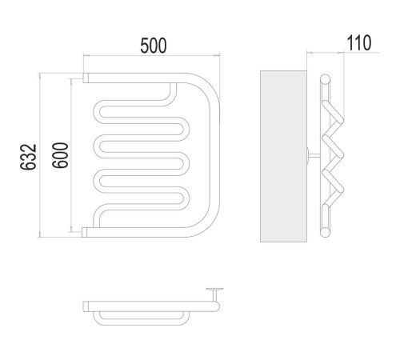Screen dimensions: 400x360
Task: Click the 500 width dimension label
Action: point(154,46)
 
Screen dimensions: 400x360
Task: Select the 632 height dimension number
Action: point(28,157)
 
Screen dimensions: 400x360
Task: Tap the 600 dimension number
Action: point(60,155)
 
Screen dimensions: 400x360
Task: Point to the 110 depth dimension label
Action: point(358,42)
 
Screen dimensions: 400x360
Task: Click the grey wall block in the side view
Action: point(283,156)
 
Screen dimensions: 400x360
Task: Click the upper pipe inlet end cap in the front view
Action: point(86,78)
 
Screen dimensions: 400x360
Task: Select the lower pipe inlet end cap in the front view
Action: point(85,232)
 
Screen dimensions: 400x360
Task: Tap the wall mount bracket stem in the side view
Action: point(314,155)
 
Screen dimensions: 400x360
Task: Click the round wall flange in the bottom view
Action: point(214,289)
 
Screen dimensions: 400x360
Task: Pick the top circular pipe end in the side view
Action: point(325,79)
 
